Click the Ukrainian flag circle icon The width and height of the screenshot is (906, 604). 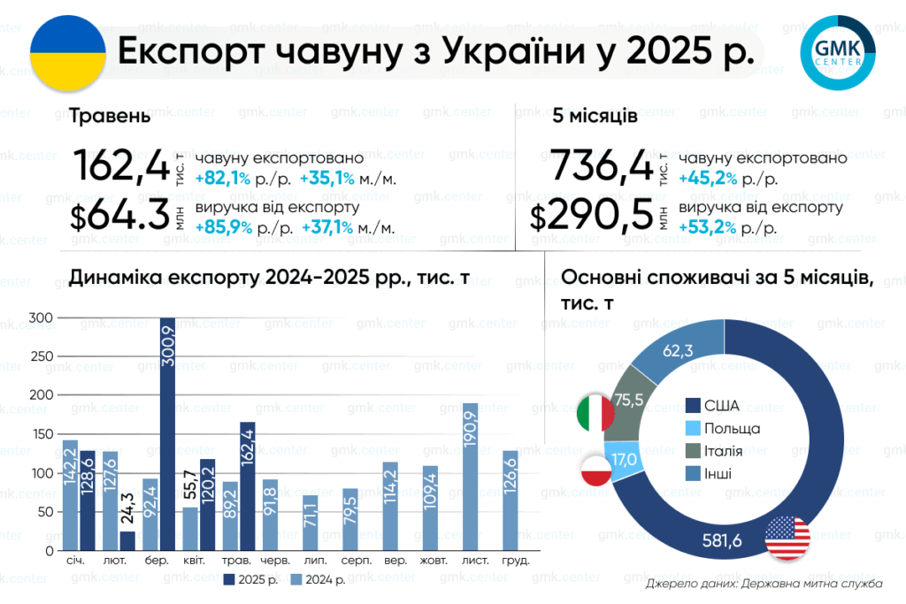tap(67, 53)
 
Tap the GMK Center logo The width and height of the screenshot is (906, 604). tap(838, 52)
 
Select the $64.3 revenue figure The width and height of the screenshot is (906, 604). tap(119, 217)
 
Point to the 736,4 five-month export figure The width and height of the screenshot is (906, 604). tap(602, 165)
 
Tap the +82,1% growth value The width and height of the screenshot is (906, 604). tap(223, 179)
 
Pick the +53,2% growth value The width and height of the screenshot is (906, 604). tap(707, 227)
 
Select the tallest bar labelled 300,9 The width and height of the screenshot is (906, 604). tap(167, 434)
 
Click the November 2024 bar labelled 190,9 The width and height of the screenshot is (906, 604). tap(471, 477)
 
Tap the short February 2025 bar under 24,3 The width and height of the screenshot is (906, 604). tap(127, 541)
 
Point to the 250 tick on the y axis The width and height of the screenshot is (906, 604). tap(41, 356)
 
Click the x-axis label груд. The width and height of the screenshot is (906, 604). tap(516, 561)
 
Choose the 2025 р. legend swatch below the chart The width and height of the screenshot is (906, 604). tap(229, 580)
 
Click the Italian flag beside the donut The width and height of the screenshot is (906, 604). tap(595, 414)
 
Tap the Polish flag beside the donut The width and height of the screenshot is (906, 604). tap(596, 470)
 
